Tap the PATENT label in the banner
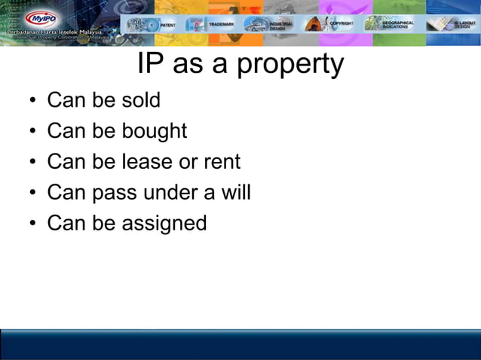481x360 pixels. pos(167,24)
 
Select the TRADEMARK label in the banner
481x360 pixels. pos(221,24)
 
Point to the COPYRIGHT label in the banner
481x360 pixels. pos(341,24)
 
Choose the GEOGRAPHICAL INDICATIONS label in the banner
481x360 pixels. pos(397,24)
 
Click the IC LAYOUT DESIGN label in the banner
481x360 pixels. pos(461,25)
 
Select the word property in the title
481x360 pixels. pos(290,66)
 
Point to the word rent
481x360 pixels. pos(222,161)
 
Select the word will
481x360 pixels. pos(236,192)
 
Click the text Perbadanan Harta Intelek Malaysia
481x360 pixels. pos(54,35)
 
